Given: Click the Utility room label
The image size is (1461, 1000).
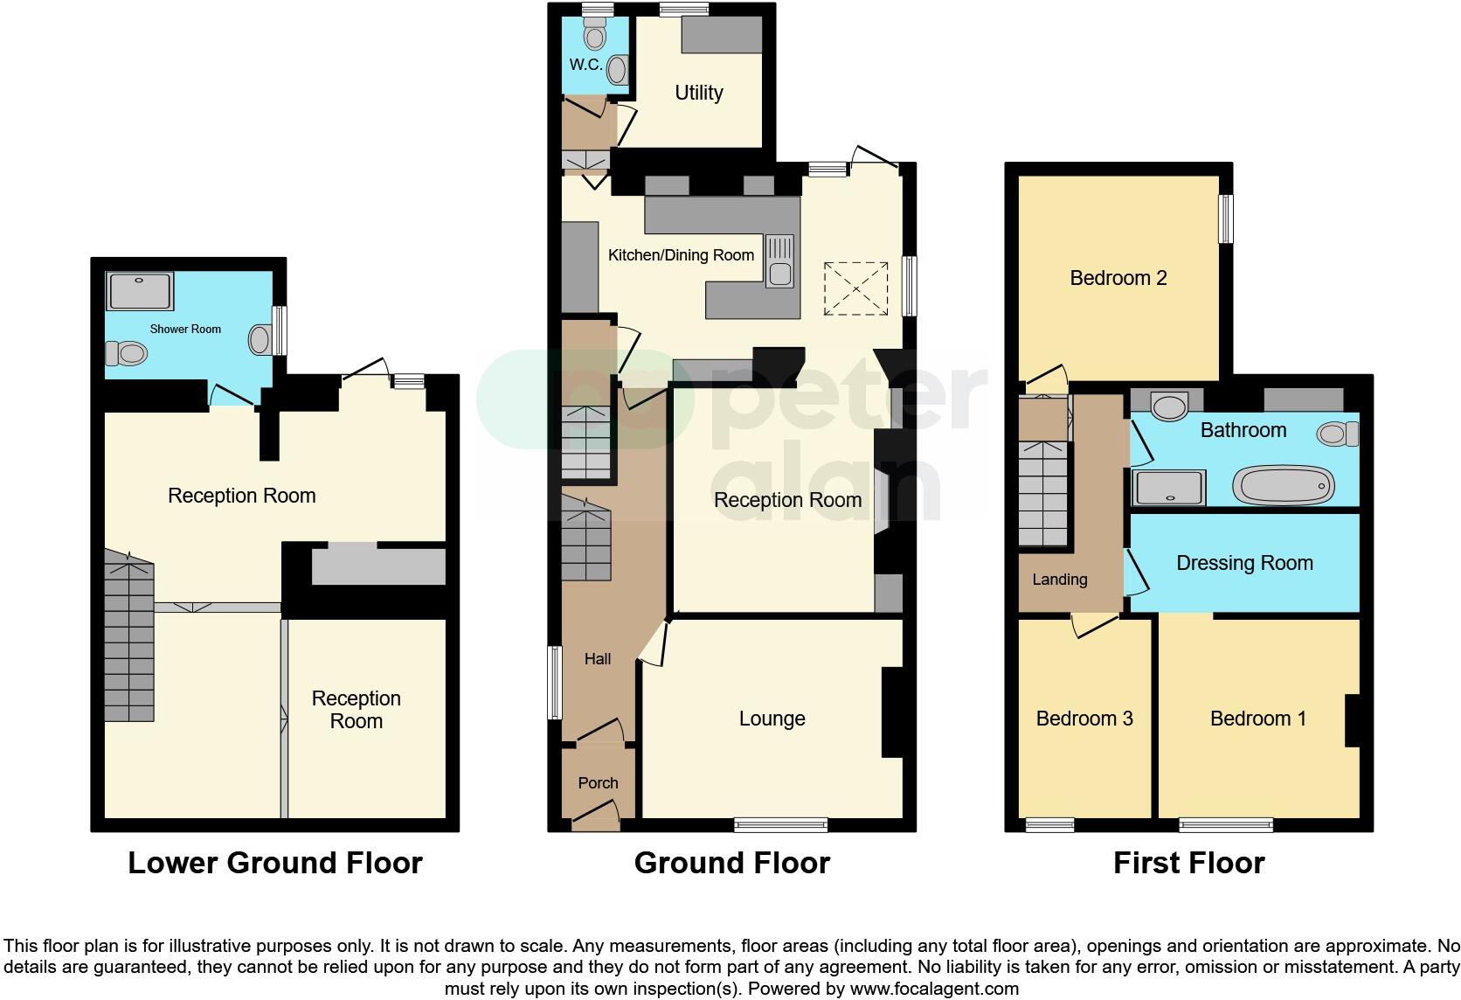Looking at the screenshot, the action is [698, 93].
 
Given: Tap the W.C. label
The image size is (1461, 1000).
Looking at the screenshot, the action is [585, 65].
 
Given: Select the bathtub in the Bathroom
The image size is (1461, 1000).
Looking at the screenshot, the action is [1283, 485].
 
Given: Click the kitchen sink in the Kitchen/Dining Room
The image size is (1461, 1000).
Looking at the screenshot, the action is [779, 261].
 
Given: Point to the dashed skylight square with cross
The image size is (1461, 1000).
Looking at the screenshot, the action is [855, 288].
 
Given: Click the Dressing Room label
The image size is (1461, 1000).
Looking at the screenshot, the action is [1244, 563].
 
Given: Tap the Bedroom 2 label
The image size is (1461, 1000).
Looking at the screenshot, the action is [1118, 278].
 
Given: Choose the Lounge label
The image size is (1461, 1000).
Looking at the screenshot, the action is [772, 719].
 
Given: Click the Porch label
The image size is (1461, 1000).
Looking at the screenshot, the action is [598, 782].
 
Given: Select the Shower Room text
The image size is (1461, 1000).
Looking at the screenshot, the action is [185, 330].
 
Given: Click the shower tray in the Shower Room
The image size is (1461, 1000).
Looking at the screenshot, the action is [140, 291].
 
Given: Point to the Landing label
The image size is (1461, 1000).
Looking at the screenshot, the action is [1059, 580].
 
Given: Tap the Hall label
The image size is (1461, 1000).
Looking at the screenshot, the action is [598, 659].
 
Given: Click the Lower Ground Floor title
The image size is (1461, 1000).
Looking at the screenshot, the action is [274, 863].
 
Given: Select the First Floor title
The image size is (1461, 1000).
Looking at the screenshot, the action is [1188, 863].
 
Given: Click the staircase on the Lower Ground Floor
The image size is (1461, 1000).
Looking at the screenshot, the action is [129, 636].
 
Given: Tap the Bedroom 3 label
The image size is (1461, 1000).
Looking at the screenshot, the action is [1084, 719].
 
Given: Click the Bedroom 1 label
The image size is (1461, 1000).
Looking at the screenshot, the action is [1258, 719].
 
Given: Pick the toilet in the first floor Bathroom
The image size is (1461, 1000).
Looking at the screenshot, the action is [1338, 434].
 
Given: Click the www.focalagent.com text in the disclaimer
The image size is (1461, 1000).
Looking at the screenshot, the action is [934, 989].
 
